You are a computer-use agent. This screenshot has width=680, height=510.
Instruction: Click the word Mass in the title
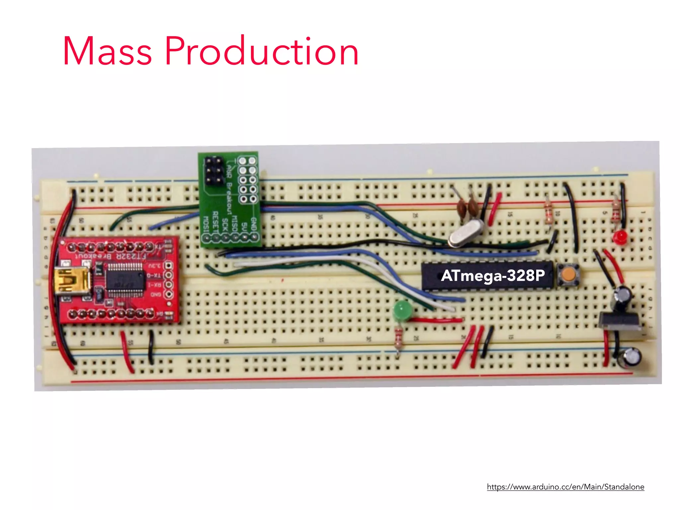point(107,51)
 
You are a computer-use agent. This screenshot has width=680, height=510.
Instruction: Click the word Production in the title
point(262,51)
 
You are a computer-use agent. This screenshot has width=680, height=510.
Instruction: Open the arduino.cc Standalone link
point(565,487)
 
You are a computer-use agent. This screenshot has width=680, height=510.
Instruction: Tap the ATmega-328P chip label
point(493,276)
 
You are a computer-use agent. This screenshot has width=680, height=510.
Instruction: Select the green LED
point(402,310)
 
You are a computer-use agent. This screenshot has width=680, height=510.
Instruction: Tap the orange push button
point(568,275)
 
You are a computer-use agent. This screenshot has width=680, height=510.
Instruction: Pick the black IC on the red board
point(126,280)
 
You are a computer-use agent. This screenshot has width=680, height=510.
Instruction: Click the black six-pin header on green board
point(213,171)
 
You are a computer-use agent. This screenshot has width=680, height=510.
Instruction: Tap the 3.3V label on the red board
point(154,266)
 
